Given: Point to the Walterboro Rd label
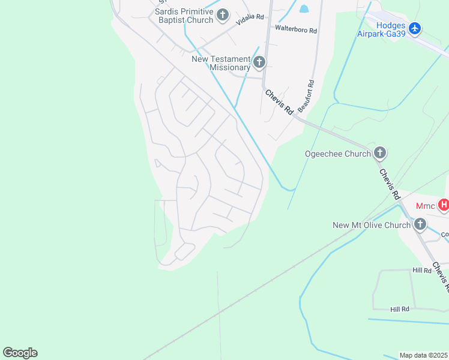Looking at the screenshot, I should click(x=295, y=28).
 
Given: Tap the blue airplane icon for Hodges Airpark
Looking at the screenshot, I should click(x=415, y=28).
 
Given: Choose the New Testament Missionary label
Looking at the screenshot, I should click(x=221, y=63).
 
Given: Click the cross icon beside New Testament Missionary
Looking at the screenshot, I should click(x=259, y=62).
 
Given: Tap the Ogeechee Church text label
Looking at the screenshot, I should click(x=338, y=154).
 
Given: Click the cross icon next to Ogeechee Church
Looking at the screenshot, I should click(x=379, y=154).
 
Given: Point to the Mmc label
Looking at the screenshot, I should click(x=425, y=206).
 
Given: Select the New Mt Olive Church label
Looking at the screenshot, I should click(x=372, y=225).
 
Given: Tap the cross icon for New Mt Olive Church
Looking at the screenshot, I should click(x=420, y=225).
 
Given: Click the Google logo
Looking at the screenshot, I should click(x=20, y=353).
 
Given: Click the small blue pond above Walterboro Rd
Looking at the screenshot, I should click(x=304, y=9).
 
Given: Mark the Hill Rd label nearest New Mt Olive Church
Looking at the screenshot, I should click(x=423, y=271).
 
